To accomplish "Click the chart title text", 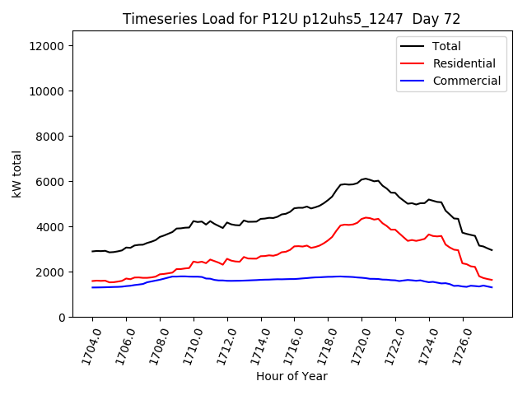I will click(x=291, y=19).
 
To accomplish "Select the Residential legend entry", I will click(x=464, y=63).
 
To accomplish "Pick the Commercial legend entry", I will click(x=466, y=81).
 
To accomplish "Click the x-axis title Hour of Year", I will click(x=291, y=376).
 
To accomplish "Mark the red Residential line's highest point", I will click(x=366, y=217).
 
